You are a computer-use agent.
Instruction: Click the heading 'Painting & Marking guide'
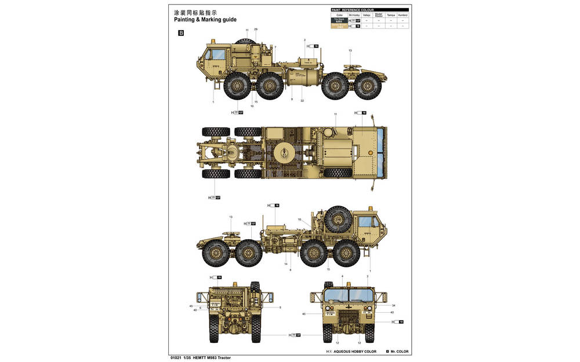205,20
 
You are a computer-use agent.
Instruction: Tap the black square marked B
180,33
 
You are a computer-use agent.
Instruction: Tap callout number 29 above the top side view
256,29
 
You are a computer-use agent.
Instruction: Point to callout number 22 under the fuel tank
302,101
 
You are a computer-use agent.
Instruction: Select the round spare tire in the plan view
285,152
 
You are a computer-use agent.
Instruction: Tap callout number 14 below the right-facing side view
286,264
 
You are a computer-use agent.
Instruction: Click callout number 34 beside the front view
393,305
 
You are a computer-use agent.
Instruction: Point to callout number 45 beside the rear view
191,306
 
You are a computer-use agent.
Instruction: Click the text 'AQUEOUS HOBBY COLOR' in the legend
355,352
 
